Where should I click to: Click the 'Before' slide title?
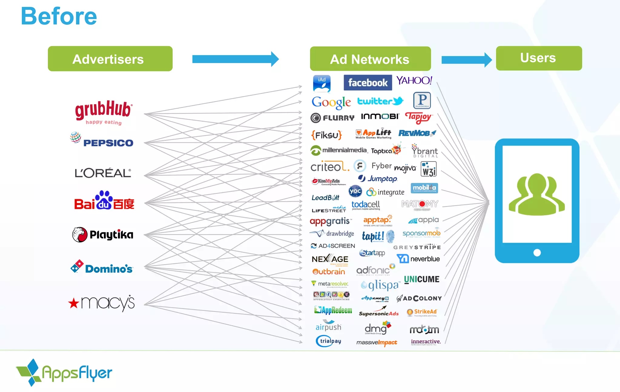59,16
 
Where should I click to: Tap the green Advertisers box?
110,59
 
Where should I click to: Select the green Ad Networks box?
370,59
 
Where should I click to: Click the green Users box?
539,58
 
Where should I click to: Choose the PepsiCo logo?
102,140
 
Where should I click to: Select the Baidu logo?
104,201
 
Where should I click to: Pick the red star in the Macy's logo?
74,303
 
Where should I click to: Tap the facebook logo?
368,82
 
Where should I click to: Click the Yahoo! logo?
414,80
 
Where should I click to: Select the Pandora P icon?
422,100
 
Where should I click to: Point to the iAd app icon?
322,83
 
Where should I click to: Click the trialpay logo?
328,341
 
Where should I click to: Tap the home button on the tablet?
537,253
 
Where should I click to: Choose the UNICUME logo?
421,279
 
